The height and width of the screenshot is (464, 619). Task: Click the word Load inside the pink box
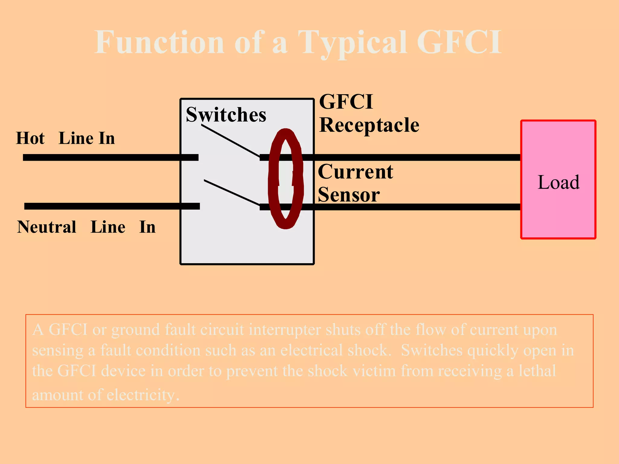coord(559,182)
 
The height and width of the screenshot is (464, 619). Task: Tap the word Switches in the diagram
coord(226,115)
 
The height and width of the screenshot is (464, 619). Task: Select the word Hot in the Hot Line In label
coord(30,138)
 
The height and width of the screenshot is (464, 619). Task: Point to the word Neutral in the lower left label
coord(47,227)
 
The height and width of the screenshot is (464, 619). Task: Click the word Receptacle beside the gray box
coord(369,125)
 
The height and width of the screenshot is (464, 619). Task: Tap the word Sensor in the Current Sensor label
coord(349,195)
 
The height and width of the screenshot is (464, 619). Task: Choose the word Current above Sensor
coord(355,172)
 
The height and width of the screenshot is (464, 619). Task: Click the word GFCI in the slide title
coord(459,42)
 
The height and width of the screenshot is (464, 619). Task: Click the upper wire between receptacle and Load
coord(417,157)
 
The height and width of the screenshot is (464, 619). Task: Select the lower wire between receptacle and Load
coord(417,207)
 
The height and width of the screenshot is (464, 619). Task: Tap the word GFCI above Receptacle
coord(346,102)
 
